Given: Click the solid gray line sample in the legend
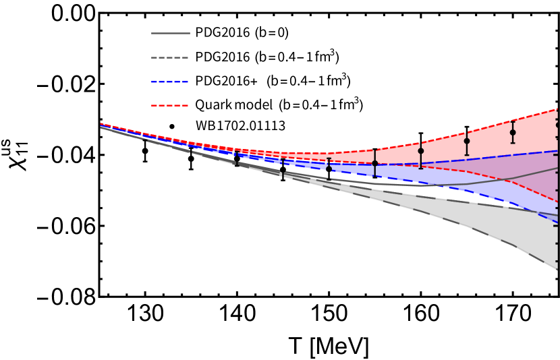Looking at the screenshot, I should click(x=170, y=33).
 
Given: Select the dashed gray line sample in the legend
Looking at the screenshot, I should click(x=170, y=57).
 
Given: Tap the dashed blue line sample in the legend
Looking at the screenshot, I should click(x=170, y=82).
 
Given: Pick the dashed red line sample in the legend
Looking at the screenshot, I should click(x=170, y=105).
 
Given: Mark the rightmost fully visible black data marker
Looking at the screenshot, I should click(x=513, y=132).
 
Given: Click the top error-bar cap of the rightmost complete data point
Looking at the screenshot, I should click(x=513, y=121).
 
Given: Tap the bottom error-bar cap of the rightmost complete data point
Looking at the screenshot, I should click(x=513, y=143).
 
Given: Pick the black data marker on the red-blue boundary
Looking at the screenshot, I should click(x=374, y=163).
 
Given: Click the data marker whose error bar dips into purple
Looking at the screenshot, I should click(x=420, y=151).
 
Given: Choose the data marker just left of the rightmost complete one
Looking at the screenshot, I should click(x=466, y=141).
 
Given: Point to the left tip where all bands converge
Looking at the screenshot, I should click(x=101, y=125).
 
